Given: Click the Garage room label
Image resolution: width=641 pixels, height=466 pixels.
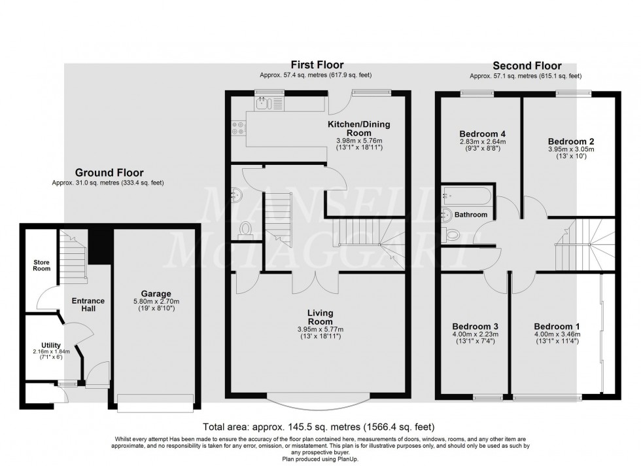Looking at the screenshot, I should point(156,294).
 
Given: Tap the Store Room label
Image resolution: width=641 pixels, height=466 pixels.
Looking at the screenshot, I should point(42,265).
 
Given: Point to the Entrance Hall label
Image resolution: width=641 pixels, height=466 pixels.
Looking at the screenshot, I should point(88,304).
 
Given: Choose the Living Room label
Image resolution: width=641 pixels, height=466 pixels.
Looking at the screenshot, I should point(320,317).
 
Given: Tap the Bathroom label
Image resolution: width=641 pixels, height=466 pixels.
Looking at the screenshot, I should point(471,215).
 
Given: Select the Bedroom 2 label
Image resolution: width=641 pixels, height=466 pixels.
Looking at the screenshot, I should point(571,141).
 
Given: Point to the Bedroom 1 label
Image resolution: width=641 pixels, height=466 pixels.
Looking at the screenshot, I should point(557,327).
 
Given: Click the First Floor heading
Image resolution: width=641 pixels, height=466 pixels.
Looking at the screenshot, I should point(318,64).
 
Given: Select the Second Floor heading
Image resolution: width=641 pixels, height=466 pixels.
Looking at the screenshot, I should point(527,65).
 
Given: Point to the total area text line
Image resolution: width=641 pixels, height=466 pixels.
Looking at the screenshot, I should point(320,426).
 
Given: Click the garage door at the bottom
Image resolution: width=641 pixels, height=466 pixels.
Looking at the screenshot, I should point(156,401).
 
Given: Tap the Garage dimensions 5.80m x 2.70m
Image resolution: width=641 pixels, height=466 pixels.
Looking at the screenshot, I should point(156,302).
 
